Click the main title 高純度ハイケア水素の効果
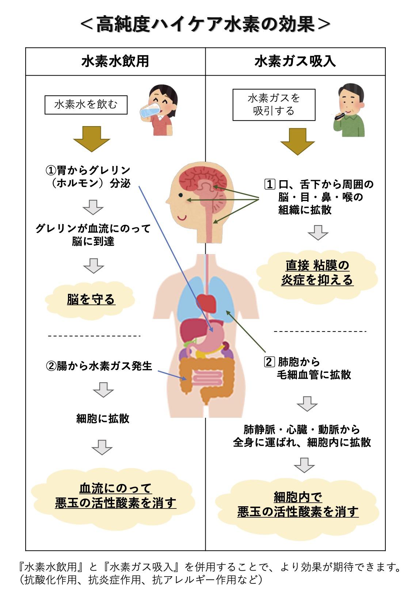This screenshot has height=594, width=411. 205,25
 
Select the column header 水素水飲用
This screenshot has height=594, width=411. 115,61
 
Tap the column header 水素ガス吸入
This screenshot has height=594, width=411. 295,61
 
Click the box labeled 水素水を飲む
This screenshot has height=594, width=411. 86,105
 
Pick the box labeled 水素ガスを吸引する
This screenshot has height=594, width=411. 274,105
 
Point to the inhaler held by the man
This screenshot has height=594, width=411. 339,116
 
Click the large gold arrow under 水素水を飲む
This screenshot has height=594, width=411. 91,139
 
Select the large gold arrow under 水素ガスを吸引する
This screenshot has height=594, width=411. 297,141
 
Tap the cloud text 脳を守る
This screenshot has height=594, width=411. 91,299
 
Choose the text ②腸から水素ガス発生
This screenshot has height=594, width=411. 99,366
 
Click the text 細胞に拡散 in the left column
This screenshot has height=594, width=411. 103,418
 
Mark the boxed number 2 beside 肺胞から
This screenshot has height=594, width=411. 269,362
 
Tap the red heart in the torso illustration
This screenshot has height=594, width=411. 207,302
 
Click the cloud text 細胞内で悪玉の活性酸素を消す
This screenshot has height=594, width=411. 298,504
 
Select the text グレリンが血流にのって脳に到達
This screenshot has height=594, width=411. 93,235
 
